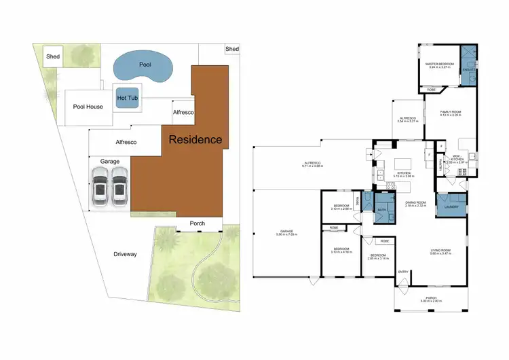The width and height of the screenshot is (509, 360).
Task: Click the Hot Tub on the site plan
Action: pyautogui.click(x=126, y=98)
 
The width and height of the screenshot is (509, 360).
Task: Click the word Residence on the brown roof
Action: pyautogui.click(x=195, y=140)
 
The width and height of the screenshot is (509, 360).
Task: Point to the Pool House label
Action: pyautogui.click(x=88, y=107)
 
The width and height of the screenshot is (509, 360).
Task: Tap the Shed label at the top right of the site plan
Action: pyautogui.click(x=232, y=49)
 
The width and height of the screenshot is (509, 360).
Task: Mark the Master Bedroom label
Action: pyautogui.click(x=440, y=65)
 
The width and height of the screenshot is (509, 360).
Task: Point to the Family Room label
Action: pyautogui.click(x=450, y=113)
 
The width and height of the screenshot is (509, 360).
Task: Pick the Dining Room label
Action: pyautogui.click(x=415, y=203)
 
